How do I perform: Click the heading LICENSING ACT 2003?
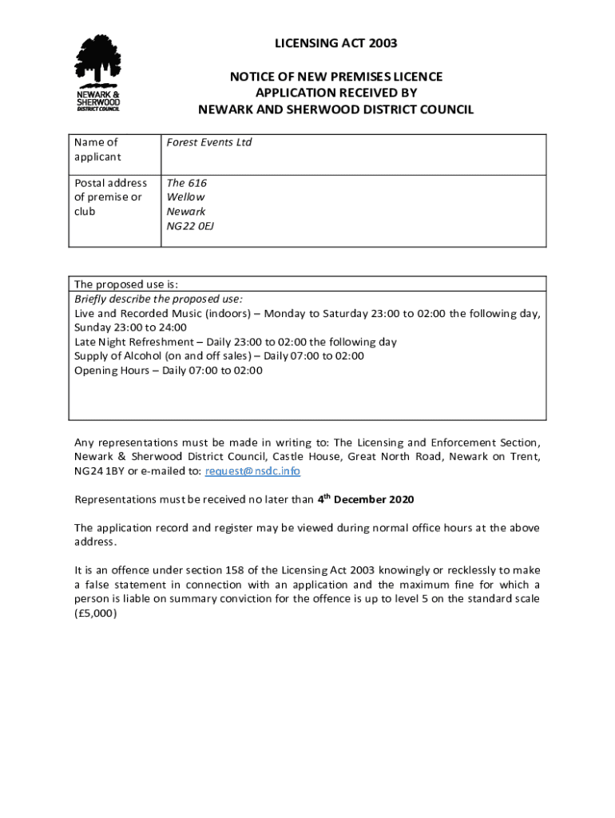point(335,43)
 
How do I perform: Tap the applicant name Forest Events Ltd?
point(208,142)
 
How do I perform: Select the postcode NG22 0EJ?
point(190,226)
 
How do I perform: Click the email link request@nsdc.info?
point(252,471)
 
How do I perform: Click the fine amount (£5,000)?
point(95,613)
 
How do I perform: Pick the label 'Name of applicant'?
point(96,149)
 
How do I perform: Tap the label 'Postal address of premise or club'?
point(110,197)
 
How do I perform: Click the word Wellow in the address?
point(185,197)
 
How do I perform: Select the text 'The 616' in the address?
point(186,183)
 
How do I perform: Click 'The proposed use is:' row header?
point(126,284)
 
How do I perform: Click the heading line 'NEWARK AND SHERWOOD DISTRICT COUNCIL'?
point(335,109)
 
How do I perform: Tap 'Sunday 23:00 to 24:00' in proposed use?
point(130,328)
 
